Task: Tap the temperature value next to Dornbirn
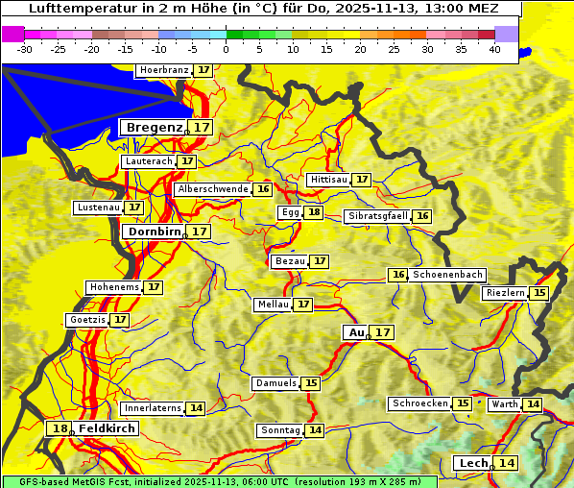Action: pos(199,232)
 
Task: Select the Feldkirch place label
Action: pos(101,428)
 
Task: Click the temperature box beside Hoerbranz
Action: pos(203,70)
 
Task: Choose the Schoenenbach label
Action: pos(447,275)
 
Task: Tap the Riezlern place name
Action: pos(506,293)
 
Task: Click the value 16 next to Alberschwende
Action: pos(263,189)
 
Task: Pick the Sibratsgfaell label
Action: pos(378,216)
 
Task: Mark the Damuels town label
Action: pos(275,383)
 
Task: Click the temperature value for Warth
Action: pos(532,404)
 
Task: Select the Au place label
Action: pos(356,332)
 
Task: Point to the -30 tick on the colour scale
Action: pos(25,49)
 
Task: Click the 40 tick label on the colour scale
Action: pos(494,49)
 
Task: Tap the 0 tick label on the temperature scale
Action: pos(227,49)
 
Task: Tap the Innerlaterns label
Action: pos(153,408)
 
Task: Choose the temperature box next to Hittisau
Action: pos(362,180)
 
